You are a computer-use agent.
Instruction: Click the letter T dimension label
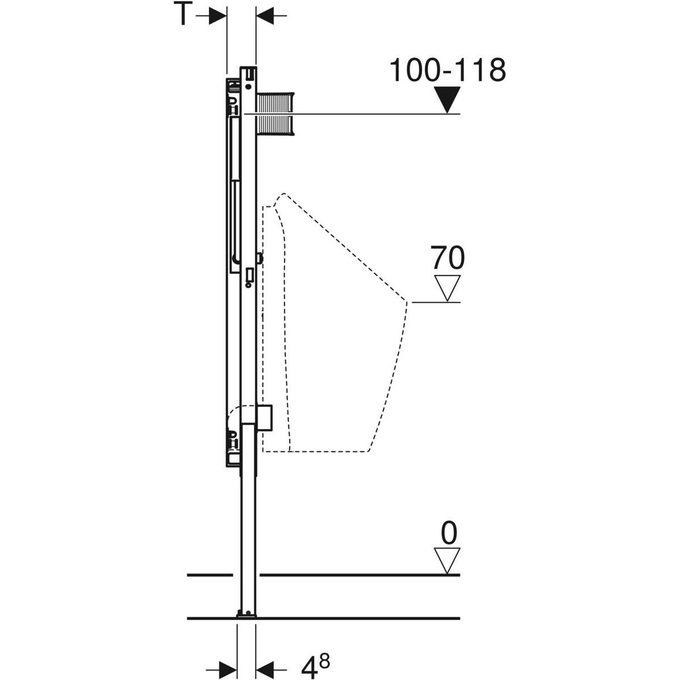click(x=182, y=15)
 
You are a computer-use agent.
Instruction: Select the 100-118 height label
click(x=447, y=70)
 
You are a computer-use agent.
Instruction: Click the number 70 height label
click(x=448, y=258)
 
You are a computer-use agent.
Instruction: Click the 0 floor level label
click(x=448, y=533)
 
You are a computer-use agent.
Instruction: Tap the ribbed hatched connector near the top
click(x=277, y=114)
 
